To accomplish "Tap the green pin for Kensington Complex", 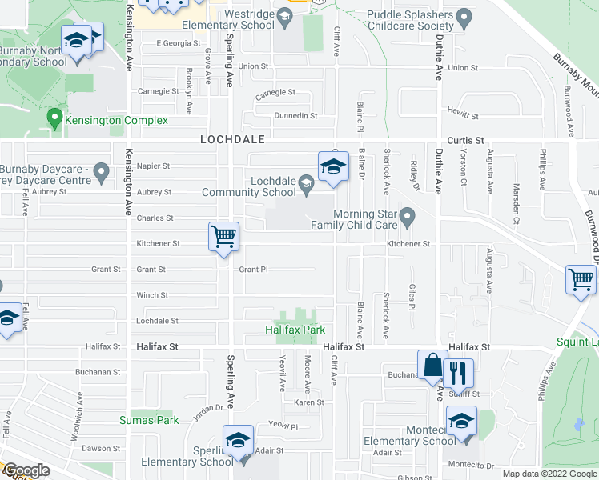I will (55, 119).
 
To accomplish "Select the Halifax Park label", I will (295, 330).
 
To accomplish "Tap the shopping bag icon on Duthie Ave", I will (432, 366).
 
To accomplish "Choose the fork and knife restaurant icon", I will (458, 374).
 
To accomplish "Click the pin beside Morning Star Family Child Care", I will (408, 216).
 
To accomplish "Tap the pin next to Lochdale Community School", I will (306, 185).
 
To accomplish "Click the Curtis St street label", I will (465, 140).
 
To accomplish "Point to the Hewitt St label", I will (463, 116).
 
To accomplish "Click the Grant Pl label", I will (253, 270).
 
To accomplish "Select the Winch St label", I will (152, 295).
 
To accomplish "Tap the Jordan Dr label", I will (210, 407).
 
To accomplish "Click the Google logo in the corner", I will (26, 470).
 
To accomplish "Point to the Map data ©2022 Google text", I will (549, 474).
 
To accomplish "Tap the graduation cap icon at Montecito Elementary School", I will (461, 422).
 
